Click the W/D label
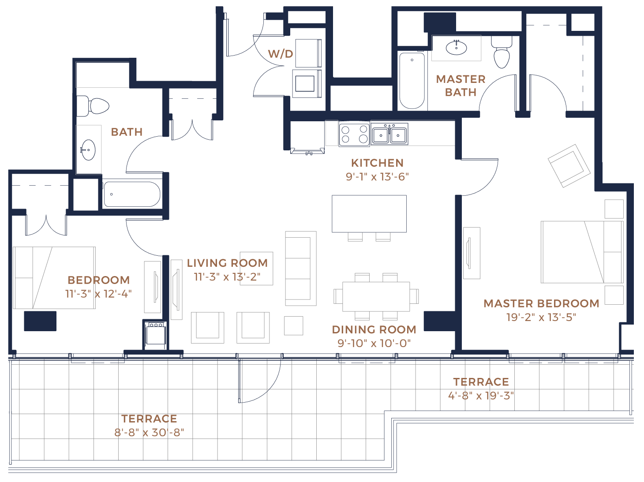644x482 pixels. coord(281,54)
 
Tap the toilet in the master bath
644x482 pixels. coord(502,52)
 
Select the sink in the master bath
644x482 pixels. coord(456,48)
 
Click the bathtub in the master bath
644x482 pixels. coord(412,80)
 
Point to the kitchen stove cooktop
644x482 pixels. coord(354,134)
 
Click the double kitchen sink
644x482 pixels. coord(389,135)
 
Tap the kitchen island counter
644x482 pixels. coord(369,214)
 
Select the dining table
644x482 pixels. coord(376,296)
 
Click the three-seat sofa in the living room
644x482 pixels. coord(301,268)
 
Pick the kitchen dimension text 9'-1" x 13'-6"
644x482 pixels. coord(377,177)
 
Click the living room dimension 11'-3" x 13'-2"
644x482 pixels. coord(227,277)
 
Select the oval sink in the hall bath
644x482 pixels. coord(88,150)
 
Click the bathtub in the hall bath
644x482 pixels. coord(132,194)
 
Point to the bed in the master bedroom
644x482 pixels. coord(582,252)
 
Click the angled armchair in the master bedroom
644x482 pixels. coord(569,166)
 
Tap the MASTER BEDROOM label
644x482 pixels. coord(541,303)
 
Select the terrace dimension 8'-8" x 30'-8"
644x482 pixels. coord(149,433)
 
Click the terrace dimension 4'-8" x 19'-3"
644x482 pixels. coord(481,396)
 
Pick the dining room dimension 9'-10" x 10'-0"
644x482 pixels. coord(374,344)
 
